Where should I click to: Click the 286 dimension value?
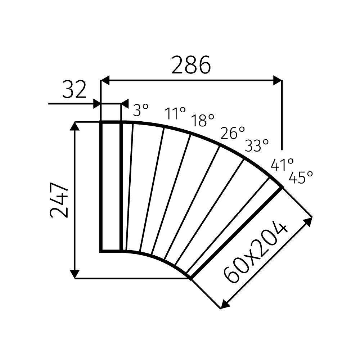click(191, 65)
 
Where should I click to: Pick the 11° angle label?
click(175, 113)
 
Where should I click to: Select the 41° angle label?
click(282, 165)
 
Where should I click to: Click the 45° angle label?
click(301, 177)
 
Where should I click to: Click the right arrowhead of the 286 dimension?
click(278, 81)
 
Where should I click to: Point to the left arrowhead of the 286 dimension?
click(105, 81)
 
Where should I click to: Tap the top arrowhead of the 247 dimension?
click(75, 126)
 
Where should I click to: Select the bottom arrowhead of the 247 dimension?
click(75, 274)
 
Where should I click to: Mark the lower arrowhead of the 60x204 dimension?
click(224, 305)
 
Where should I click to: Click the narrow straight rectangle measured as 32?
click(110, 187)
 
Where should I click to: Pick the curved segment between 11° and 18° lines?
click(169, 194)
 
